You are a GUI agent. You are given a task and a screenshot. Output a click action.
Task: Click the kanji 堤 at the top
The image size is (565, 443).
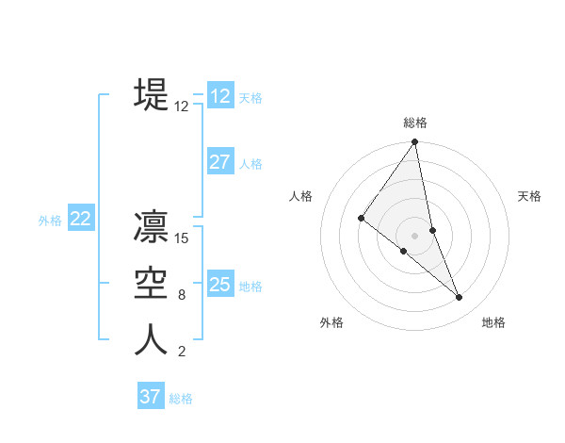coord(152,93)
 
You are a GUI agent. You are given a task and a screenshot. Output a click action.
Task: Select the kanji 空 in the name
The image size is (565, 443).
coord(152,284)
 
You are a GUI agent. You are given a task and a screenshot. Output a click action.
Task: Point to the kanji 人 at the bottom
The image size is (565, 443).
coord(152,340)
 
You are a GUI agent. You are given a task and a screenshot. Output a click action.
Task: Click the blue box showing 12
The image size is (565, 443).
coord(220,96)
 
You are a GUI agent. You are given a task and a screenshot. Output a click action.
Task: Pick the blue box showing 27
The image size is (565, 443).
coord(220,162)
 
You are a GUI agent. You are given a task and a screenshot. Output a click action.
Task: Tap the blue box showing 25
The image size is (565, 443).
coord(220,285)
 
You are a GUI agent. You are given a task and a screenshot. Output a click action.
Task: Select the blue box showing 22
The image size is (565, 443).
coord(80,219)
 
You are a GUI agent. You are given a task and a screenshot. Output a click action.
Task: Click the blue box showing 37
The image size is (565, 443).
coord(151,397)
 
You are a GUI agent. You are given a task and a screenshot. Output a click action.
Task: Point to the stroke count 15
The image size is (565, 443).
coord(182,238)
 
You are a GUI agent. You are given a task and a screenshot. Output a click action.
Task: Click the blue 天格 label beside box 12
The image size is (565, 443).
coord(250,98)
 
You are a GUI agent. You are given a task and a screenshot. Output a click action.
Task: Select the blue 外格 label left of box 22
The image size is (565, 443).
coord(50,221)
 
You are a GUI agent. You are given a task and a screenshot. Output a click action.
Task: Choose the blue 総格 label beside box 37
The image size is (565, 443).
coord(181,399)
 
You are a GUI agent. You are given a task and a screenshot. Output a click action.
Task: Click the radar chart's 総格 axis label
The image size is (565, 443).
coord(415,123)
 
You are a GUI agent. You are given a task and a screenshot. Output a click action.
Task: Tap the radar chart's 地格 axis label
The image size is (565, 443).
coord(493,322)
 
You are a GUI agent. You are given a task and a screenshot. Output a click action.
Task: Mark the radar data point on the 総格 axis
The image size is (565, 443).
coord(415,142)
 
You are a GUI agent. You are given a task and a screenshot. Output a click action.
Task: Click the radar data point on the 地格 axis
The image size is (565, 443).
coord(459,298)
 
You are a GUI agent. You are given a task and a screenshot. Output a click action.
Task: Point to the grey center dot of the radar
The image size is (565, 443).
coord(414,235)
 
